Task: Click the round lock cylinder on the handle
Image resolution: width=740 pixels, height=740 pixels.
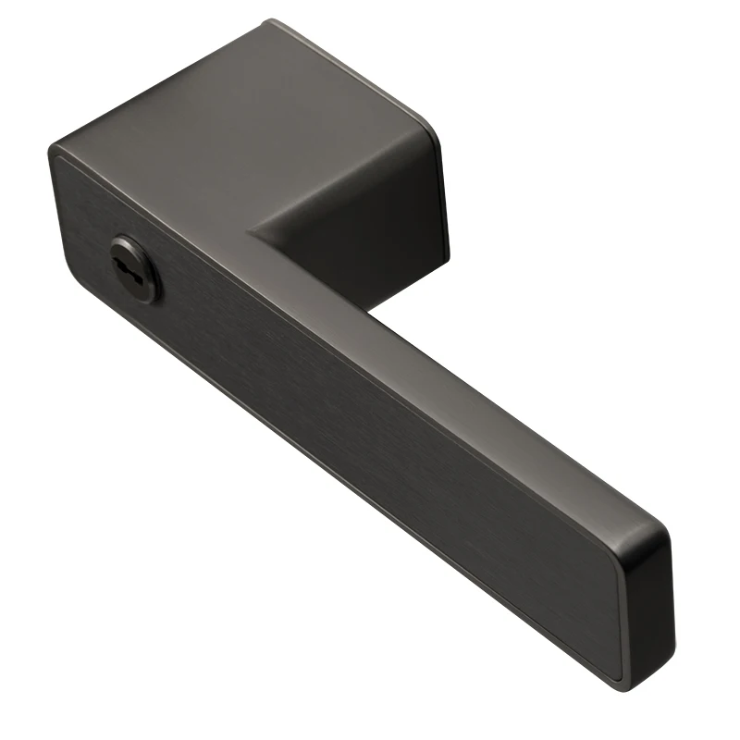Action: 136,269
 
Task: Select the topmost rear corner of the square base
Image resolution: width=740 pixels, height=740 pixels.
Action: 271,22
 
